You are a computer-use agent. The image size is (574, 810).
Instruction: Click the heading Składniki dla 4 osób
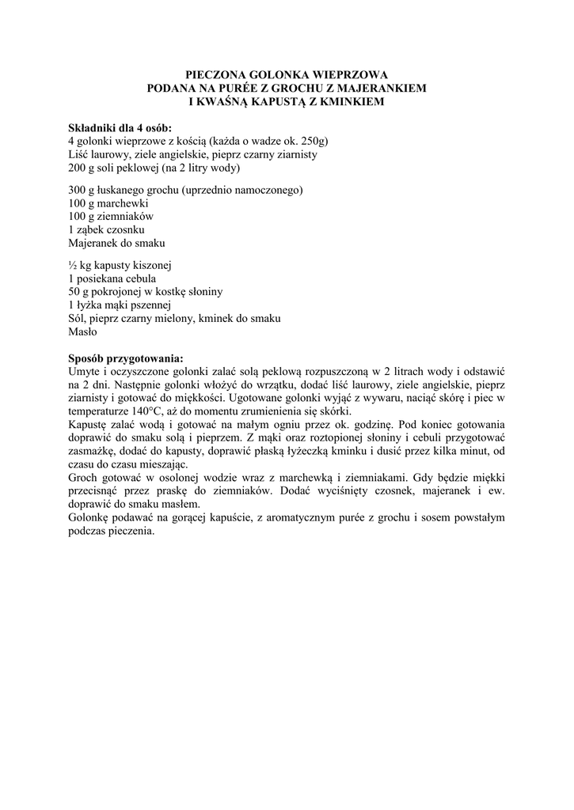120,128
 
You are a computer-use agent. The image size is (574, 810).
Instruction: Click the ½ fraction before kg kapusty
73,265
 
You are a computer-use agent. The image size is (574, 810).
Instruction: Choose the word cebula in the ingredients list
139,278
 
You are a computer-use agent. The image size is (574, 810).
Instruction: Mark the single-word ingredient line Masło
82,332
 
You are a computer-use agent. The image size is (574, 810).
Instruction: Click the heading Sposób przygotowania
126,358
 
